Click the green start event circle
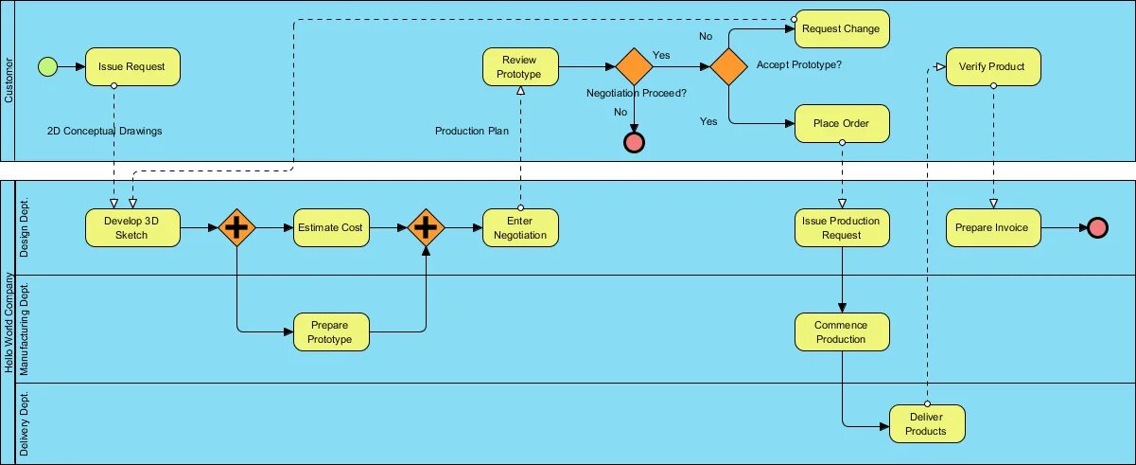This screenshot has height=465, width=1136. point(47,66)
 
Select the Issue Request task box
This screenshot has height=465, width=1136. point(132,66)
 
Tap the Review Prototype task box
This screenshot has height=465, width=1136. point(520,66)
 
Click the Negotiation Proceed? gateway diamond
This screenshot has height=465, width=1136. point(634,66)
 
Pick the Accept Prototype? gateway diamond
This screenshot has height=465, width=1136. point(728,66)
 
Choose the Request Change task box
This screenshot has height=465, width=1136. point(842,29)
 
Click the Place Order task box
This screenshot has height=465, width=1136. point(842,123)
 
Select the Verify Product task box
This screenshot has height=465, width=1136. point(993,66)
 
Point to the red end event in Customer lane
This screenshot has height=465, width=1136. point(634,143)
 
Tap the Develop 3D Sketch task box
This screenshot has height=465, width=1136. point(132,228)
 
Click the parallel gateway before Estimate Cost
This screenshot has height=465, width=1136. point(236,228)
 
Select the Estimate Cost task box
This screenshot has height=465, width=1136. point(331,228)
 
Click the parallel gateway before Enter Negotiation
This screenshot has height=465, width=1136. point(426,228)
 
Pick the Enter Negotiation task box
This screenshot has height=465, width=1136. point(520,228)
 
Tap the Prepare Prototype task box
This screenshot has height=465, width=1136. point(331,332)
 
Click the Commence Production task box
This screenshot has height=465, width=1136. point(842,332)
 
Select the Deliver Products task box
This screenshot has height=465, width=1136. point(927,424)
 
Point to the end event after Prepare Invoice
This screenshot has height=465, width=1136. point(1097,228)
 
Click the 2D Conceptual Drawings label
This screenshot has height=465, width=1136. point(104,131)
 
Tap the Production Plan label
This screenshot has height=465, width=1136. point(472,131)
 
